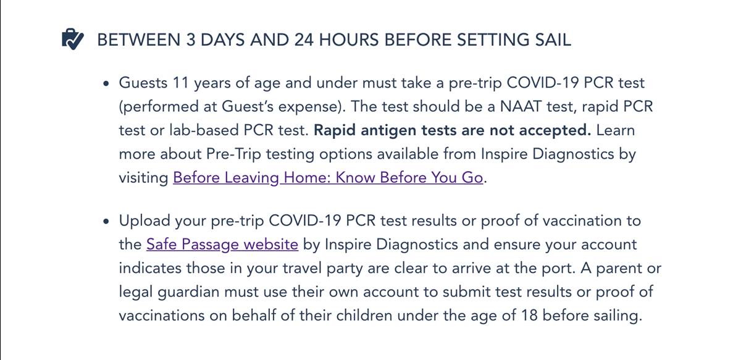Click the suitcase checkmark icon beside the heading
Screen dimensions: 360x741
[73, 40]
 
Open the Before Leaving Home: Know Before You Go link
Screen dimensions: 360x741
[327, 178]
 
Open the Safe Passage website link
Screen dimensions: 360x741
[222, 245]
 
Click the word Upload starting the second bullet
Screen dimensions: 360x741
[146, 221]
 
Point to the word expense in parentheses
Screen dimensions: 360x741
[311, 106]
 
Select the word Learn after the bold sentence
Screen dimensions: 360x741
[616, 130]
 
